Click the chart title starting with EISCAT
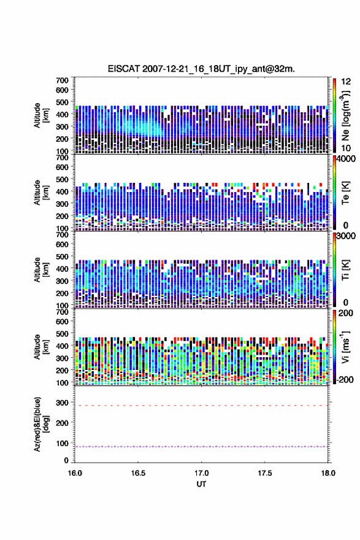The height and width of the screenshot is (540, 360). pos(201,69)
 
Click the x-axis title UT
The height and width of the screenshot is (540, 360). pos(201,484)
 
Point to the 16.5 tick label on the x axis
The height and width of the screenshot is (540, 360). pos(137,473)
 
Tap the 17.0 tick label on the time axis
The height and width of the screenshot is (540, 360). pos(201,473)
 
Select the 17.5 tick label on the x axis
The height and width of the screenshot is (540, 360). pos(265,473)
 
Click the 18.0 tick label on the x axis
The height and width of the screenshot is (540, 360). pos(328,473)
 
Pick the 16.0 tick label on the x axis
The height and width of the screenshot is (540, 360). pos(75,473)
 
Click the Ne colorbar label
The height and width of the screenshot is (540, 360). pos(345,115)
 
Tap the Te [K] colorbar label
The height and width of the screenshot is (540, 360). pos(345,193)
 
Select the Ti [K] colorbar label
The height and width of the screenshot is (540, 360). pos(345,269)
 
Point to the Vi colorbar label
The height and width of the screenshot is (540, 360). pos(345,347)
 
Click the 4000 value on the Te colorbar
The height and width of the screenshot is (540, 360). pos(346,159)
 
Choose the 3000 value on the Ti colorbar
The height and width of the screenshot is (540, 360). pos(346,236)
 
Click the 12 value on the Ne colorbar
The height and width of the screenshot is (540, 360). pos(346,82)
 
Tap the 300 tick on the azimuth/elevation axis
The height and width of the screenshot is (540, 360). pos(63,403)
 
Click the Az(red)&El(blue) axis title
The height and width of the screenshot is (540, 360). pos(41,424)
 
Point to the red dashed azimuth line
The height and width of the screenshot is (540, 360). pos(201,406)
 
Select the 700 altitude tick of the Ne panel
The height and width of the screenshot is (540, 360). pos(63,80)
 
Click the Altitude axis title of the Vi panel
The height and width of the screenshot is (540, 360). pos(41,347)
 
